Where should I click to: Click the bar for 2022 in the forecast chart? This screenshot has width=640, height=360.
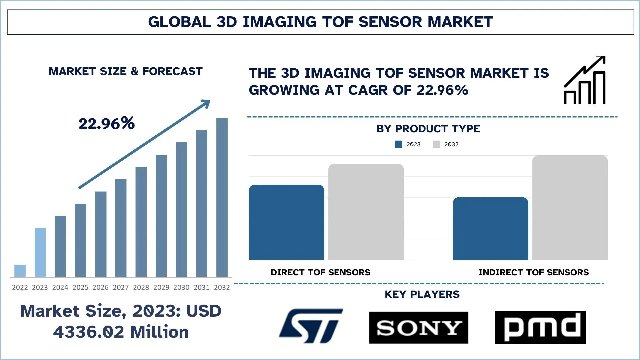[x=20, y=271]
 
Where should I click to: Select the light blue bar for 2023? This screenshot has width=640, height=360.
[x=40, y=252]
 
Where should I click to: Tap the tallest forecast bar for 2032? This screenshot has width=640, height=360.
[x=222, y=197]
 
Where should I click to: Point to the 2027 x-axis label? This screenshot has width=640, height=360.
[x=121, y=287]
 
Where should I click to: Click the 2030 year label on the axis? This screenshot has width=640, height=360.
[x=181, y=287]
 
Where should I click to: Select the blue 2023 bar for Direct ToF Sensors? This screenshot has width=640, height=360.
[x=286, y=222]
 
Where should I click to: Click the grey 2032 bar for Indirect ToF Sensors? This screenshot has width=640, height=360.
[x=570, y=208]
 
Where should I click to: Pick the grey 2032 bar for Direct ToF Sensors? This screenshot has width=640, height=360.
[x=366, y=212]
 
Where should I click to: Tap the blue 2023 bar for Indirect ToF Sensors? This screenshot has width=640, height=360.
[x=490, y=229]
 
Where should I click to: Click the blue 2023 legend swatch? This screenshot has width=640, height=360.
[x=398, y=144]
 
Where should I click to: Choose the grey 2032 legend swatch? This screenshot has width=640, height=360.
[x=436, y=144]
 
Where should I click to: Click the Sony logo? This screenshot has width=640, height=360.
[x=419, y=328]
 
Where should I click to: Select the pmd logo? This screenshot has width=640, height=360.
[x=540, y=327]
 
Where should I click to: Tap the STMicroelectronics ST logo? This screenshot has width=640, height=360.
[x=311, y=326]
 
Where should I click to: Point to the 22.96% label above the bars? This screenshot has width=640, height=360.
[x=107, y=124]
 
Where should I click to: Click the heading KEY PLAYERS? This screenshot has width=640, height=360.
[x=422, y=294]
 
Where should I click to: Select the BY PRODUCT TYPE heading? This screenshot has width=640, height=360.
[x=428, y=129]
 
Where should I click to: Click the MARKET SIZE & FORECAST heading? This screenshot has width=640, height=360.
[x=126, y=71]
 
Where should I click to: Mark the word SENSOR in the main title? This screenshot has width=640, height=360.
[x=390, y=22]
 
